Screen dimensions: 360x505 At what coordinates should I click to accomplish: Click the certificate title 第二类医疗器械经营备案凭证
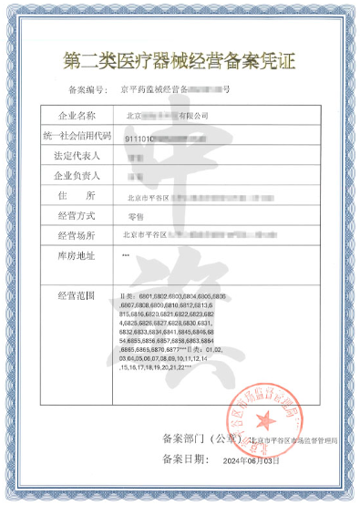(180, 63)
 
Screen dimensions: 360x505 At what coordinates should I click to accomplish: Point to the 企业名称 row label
(75, 116)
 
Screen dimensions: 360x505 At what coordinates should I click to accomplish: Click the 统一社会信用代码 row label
(77, 136)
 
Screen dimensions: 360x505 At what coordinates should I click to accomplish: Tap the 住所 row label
(75, 195)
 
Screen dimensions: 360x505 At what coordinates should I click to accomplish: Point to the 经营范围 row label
(75, 296)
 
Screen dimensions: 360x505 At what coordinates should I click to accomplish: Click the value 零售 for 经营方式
(139, 216)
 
